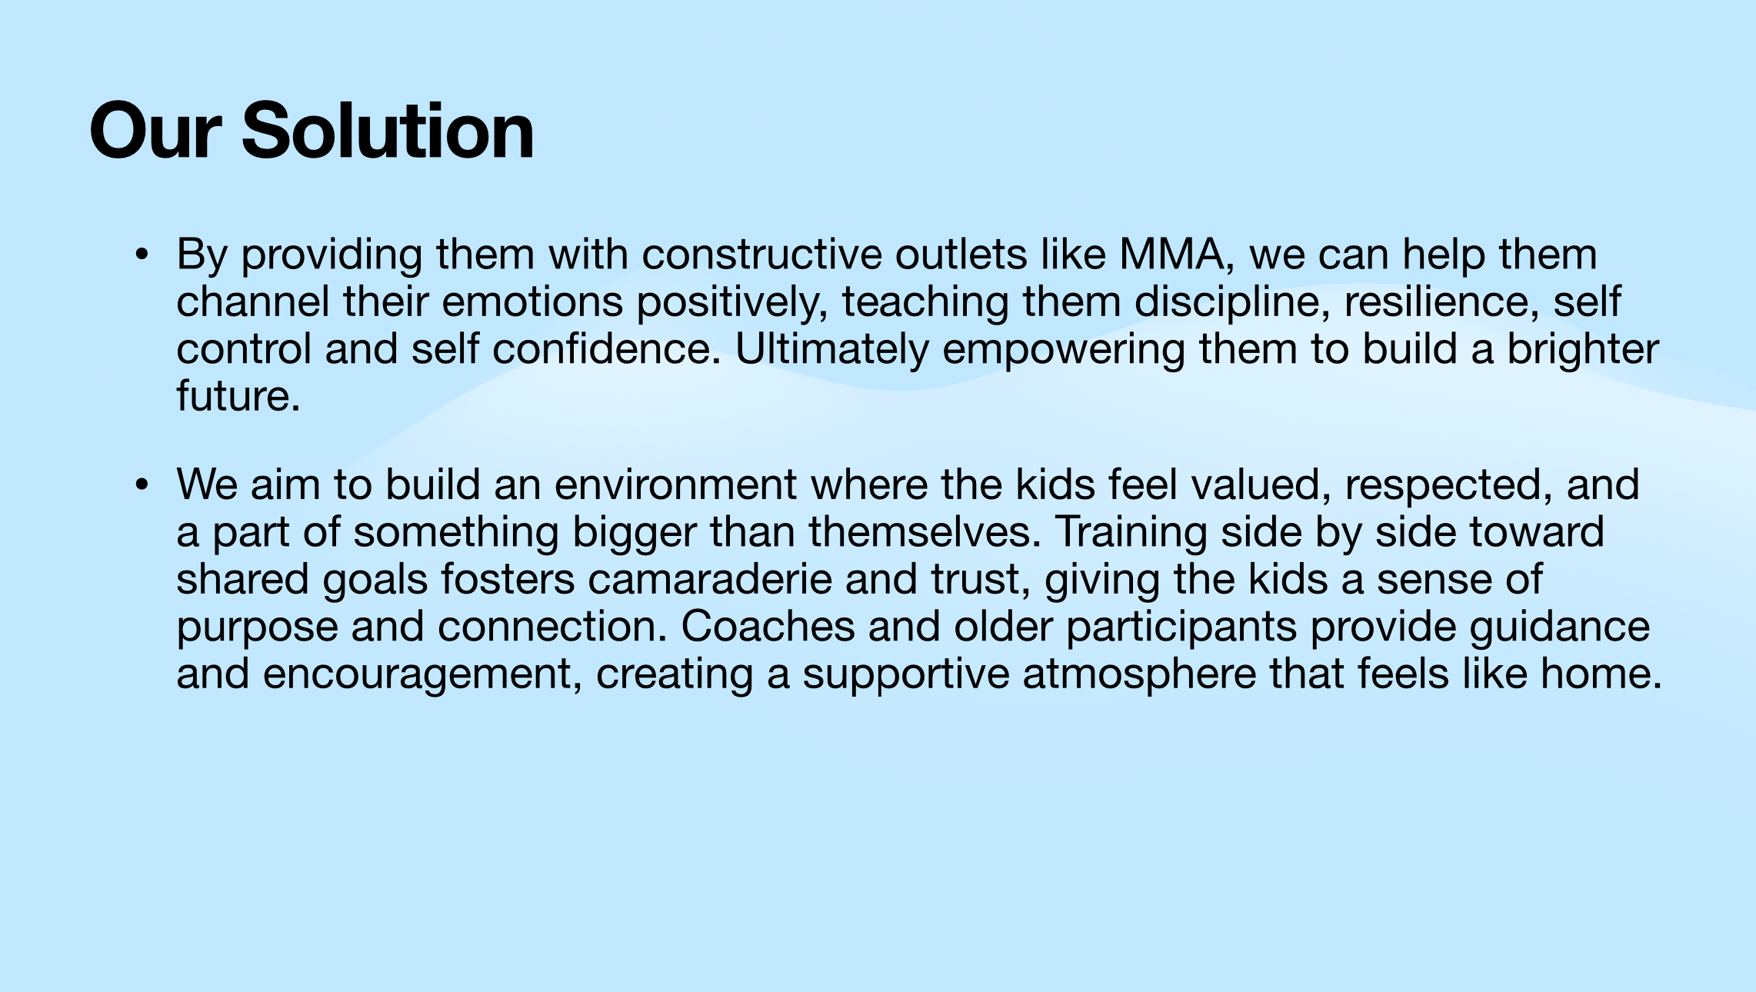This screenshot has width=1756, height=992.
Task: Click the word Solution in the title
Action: pyautogui.click(x=388, y=131)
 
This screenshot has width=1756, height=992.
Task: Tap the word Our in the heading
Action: pyautogui.click(x=155, y=131)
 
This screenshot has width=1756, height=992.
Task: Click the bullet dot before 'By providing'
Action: pyautogui.click(x=141, y=255)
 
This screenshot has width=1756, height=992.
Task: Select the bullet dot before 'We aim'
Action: pyautogui.click(x=141, y=484)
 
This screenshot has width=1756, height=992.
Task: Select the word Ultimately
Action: pyautogui.click(x=832, y=350)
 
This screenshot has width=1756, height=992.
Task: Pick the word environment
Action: pyautogui.click(x=675, y=485)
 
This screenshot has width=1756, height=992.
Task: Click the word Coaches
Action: pyautogui.click(x=768, y=627)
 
